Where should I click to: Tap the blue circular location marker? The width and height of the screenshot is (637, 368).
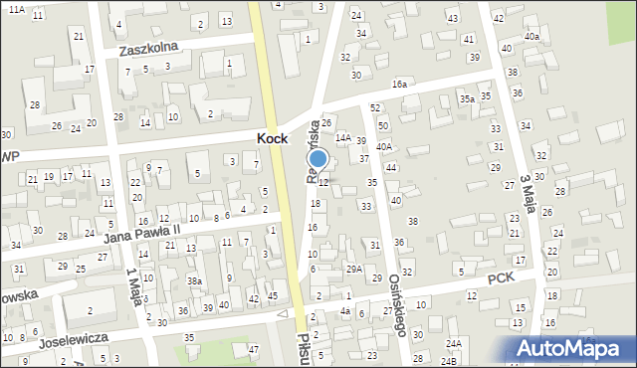pyautogui.click(x=318, y=159)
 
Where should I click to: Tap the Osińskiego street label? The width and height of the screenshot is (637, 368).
pyautogui.click(x=396, y=303)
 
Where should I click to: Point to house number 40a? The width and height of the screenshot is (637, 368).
pyautogui.click(x=532, y=37)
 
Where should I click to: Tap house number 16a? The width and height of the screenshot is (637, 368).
pyautogui.click(x=399, y=86)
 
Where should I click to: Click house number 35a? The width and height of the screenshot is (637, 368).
pyautogui.click(x=466, y=98)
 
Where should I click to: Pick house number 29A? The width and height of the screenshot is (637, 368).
pyautogui.click(x=353, y=269)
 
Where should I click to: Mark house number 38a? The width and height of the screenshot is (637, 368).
pyautogui.click(x=195, y=281)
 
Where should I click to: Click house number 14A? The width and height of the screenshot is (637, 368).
pyautogui.click(x=342, y=137)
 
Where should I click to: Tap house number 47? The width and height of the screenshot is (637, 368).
pyautogui.click(x=254, y=349)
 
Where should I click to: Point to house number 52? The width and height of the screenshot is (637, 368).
pyautogui.click(x=375, y=107)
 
